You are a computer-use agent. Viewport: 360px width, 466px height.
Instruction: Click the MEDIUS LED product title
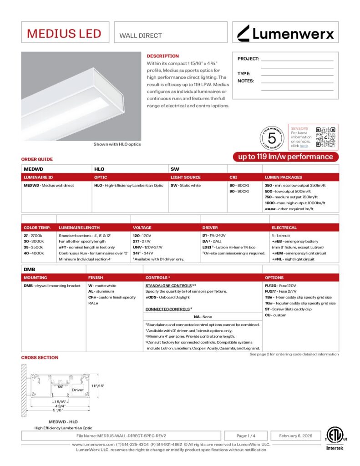pos(64,33)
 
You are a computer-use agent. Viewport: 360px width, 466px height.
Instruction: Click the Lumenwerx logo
pos(286,33)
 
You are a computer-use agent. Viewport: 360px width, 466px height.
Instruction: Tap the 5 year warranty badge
pos(272,137)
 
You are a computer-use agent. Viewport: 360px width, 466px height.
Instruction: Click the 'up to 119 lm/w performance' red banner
pos(286,157)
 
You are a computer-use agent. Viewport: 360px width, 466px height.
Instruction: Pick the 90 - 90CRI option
pos(239,192)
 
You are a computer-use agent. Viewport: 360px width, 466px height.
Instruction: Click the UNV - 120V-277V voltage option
pos(147,247)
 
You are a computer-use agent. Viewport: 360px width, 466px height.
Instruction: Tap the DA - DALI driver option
pos(212,241)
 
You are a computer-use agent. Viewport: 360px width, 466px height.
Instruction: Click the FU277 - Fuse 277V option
pos(280,291)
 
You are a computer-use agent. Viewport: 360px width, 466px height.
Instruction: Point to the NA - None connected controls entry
pos(203,317)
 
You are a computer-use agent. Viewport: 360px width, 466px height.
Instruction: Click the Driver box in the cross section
pos(78,390)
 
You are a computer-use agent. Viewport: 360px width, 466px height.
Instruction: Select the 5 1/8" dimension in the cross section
pos(57,410)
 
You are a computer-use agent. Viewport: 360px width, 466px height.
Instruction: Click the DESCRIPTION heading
pos(162,56)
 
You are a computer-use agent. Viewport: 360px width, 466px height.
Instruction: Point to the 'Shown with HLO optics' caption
pos(117,144)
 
